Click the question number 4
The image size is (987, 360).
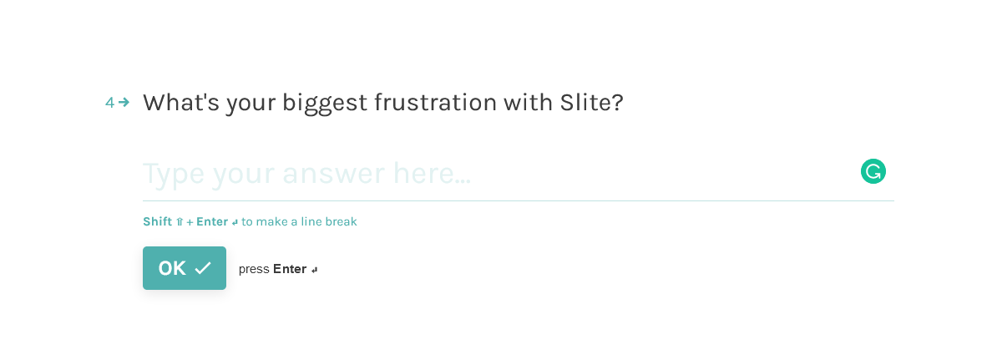[x=109, y=103]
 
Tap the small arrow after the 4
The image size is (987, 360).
[x=124, y=102]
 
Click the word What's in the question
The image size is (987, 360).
[x=181, y=102]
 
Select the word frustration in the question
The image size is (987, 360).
[x=436, y=102]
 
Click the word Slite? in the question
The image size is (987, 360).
[x=592, y=102]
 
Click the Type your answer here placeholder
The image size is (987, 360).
[x=306, y=174]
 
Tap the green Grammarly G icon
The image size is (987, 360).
[x=873, y=171]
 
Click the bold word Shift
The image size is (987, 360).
[x=157, y=221]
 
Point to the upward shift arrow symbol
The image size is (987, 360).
[x=180, y=222]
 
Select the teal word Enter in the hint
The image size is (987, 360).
[x=212, y=221]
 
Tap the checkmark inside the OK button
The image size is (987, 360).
[x=203, y=268]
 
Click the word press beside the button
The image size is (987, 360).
[x=254, y=269]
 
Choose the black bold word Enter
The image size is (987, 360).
[x=290, y=269]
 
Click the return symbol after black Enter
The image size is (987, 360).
[x=315, y=271]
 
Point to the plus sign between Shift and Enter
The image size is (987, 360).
[x=190, y=223]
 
